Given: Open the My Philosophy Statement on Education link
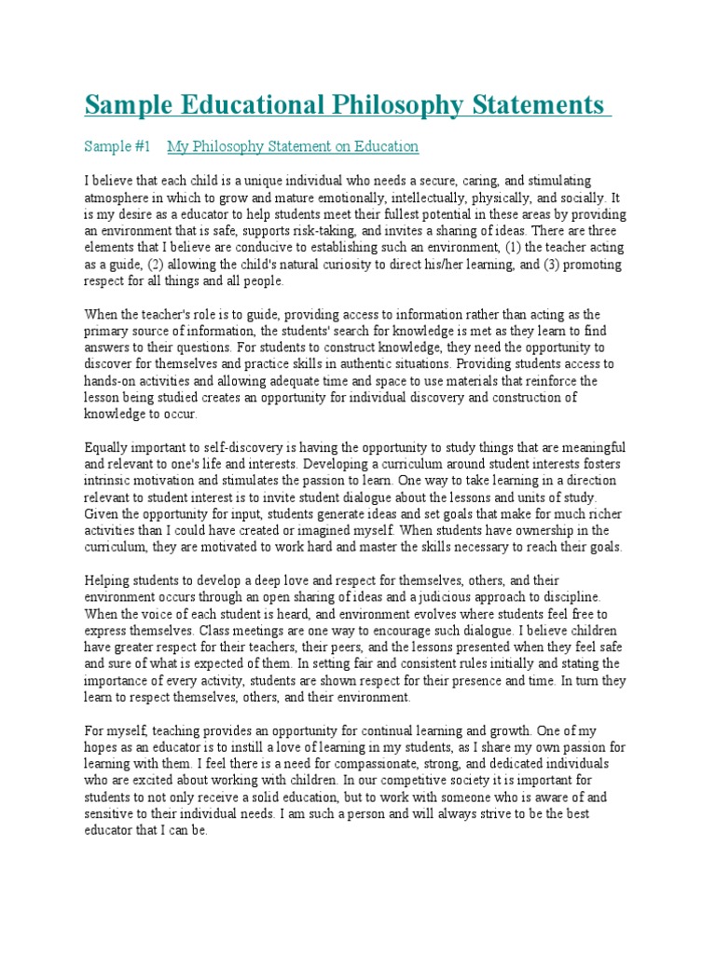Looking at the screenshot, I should pos(293,146).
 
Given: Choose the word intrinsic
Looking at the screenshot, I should pos(109,481).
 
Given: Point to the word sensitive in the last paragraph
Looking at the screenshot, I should pos(109,813).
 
